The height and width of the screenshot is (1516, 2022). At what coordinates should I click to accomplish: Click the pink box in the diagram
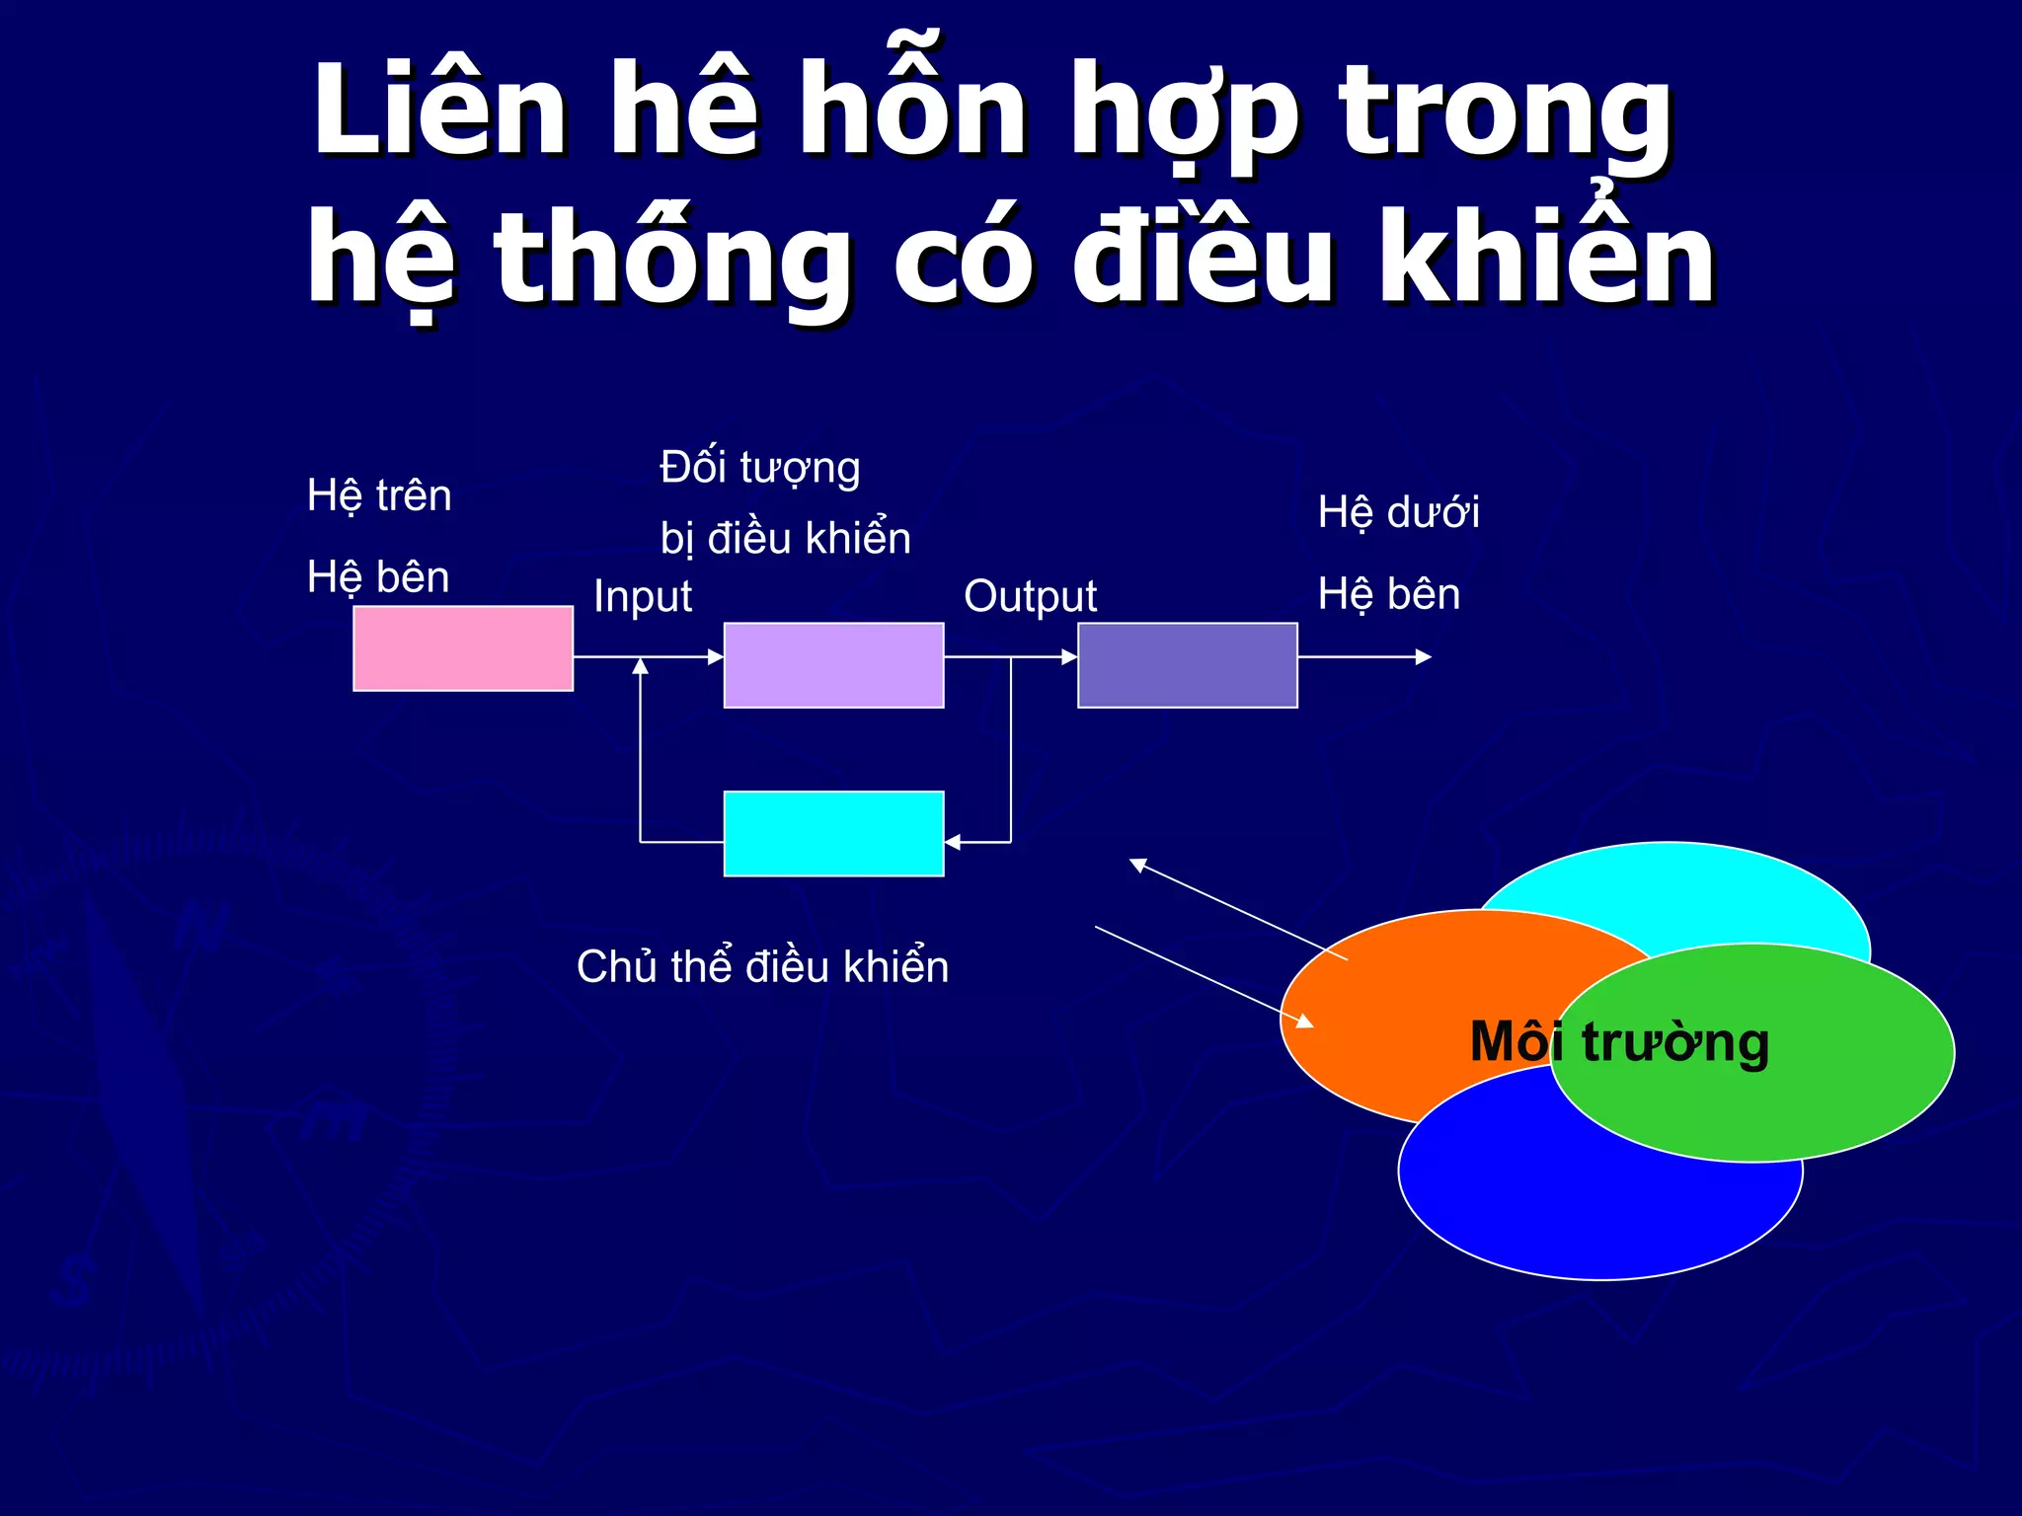point(463,648)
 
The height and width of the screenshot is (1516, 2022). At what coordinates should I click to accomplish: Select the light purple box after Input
point(833,665)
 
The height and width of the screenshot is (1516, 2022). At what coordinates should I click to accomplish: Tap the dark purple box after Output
point(1187,665)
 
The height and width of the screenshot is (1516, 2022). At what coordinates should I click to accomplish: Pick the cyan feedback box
point(833,834)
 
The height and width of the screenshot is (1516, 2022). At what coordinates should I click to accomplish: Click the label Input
point(643,596)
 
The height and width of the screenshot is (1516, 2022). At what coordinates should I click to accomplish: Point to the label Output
point(1030,596)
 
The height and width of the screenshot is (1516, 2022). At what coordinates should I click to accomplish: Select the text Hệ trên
point(379,495)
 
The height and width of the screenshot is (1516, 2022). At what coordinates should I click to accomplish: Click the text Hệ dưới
point(1398,513)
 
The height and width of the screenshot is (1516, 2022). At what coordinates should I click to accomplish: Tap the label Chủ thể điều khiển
point(762,966)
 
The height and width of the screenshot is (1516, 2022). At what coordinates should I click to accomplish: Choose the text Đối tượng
point(760,468)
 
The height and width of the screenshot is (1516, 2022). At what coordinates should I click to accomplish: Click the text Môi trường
point(1619,1042)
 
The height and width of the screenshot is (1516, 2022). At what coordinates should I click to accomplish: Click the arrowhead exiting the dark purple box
point(1424,656)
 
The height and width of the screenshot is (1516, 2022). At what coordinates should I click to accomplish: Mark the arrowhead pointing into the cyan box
point(953,842)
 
